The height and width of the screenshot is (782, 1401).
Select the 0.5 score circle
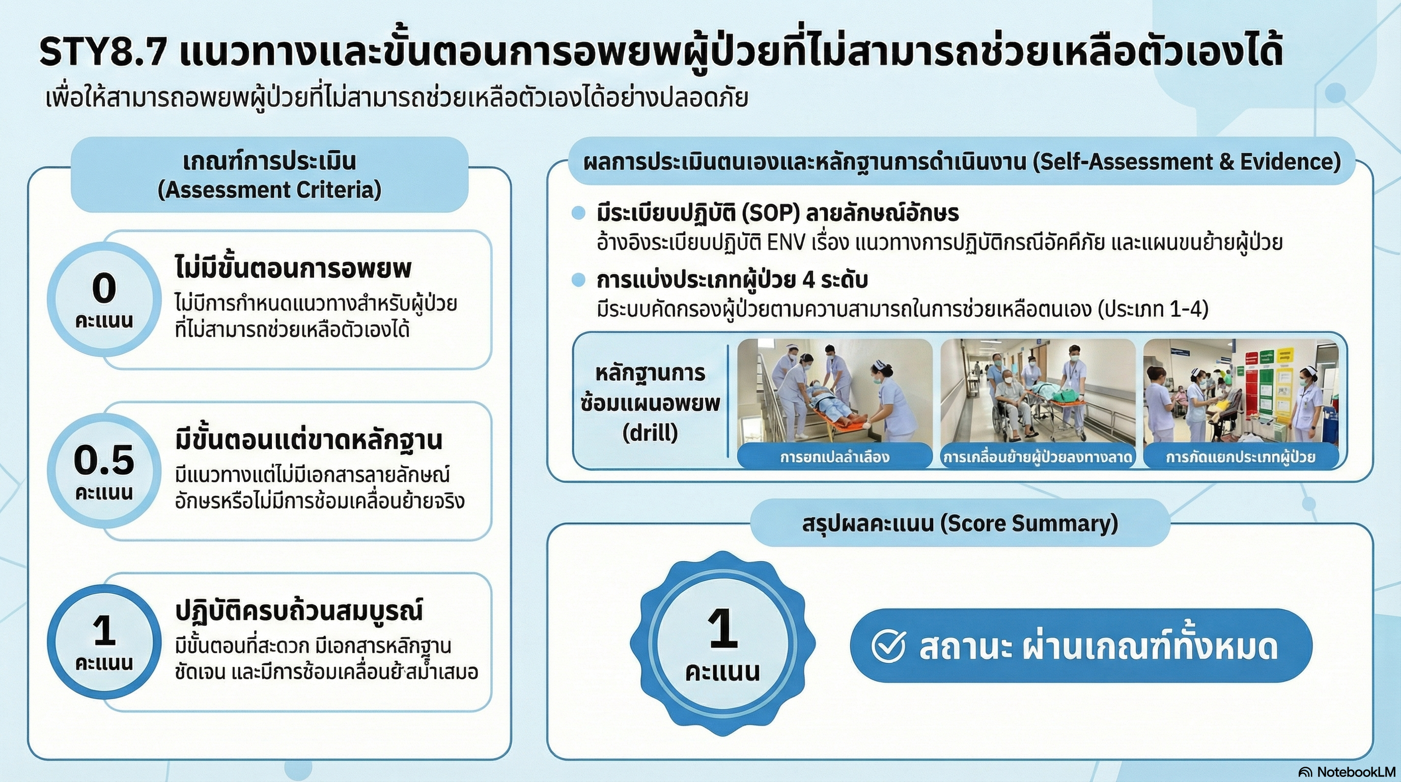(x=104, y=471)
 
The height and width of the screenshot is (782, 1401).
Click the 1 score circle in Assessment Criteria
(x=104, y=641)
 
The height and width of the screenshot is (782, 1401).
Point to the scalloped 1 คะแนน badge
(x=722, y=644)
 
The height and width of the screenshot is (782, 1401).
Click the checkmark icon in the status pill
(x=889, y=646)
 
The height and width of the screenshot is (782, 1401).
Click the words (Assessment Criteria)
(x=269, y=190)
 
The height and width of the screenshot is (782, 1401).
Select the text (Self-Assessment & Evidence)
(x=1186, y=162)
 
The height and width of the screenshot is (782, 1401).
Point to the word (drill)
(x=651, y=433)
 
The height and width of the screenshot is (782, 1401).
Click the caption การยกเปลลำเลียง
(x=834, y=457)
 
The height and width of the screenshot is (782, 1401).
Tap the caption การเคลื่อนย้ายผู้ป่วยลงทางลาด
(x=1038, y=457)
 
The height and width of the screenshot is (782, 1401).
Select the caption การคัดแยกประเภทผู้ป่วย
(x=1240, y=457)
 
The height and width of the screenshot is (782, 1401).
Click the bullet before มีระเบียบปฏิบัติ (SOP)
(x=578, y=213)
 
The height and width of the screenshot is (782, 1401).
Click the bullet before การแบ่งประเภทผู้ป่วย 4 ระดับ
(x=578, y=281)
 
